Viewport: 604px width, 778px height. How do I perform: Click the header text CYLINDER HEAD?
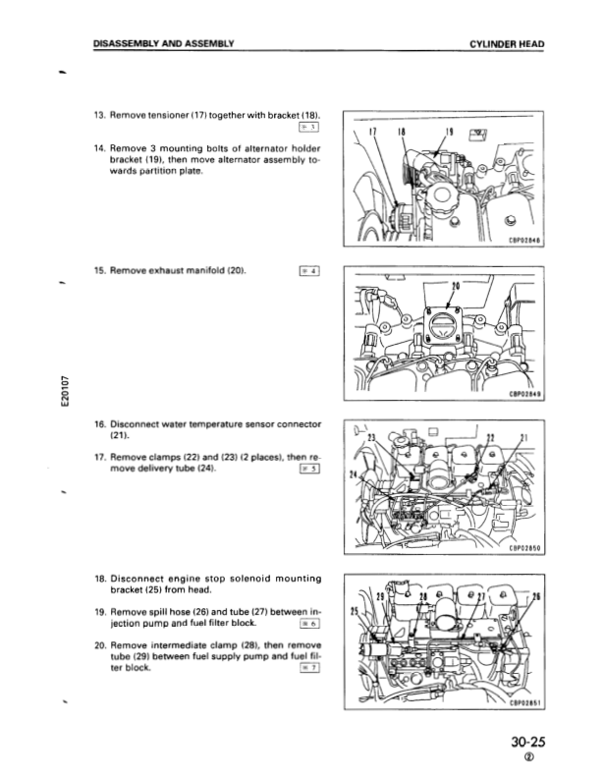pyautogui.click(x=507, y=44)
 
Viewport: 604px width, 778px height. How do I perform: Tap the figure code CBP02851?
pyautogui.click(x=525, y=703)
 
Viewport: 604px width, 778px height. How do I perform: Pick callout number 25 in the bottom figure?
pyautogui.click(x=354, y=611)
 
